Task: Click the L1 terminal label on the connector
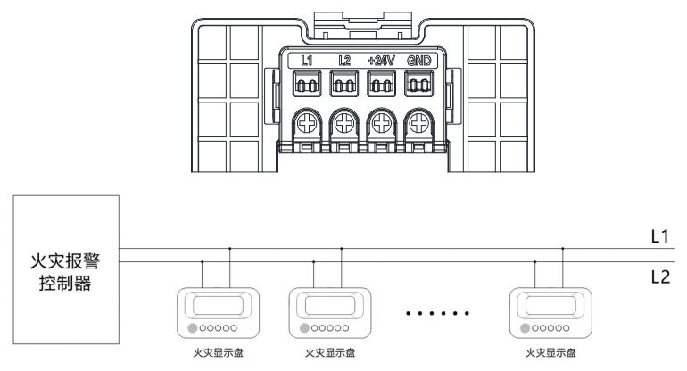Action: [x=306, y=62]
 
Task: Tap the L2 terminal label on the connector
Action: [x=343, y=62]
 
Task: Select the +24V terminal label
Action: [x=381, y=62]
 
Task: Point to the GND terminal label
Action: [x=418, y=62]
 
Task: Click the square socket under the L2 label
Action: [x=343, y=86]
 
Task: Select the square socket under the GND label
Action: [x=418, y=86]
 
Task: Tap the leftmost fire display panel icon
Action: [x=217, y=312]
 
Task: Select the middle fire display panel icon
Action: [x=329, y=312]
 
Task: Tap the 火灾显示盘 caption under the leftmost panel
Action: [x=217, y=354]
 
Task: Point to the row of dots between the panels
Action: [x=438, y=315]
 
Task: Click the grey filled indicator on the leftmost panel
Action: [x=193, y=327]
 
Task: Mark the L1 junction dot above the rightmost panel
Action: [x=563, y=248]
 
